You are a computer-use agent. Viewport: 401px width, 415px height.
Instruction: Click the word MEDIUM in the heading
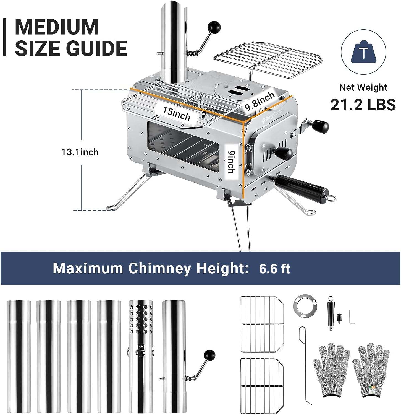(57, 27)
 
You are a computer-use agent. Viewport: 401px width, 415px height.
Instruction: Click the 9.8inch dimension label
(260, 101)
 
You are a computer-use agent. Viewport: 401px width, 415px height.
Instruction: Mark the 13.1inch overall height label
(80, 152)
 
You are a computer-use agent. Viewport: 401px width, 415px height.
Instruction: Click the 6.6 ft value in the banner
(274, 268)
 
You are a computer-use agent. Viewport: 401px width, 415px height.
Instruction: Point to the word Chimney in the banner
(159, 268)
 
